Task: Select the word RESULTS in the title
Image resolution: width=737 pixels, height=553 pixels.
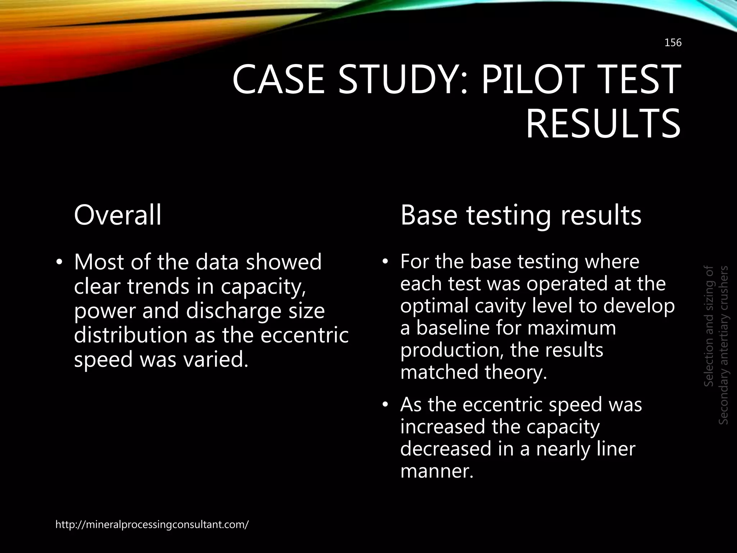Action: coord(603,124)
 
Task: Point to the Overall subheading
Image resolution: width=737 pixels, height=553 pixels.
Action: coord(117,215)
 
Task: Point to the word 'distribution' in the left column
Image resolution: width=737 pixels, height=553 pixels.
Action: coord(131,335)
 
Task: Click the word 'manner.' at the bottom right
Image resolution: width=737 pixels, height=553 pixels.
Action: coord(437,471)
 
